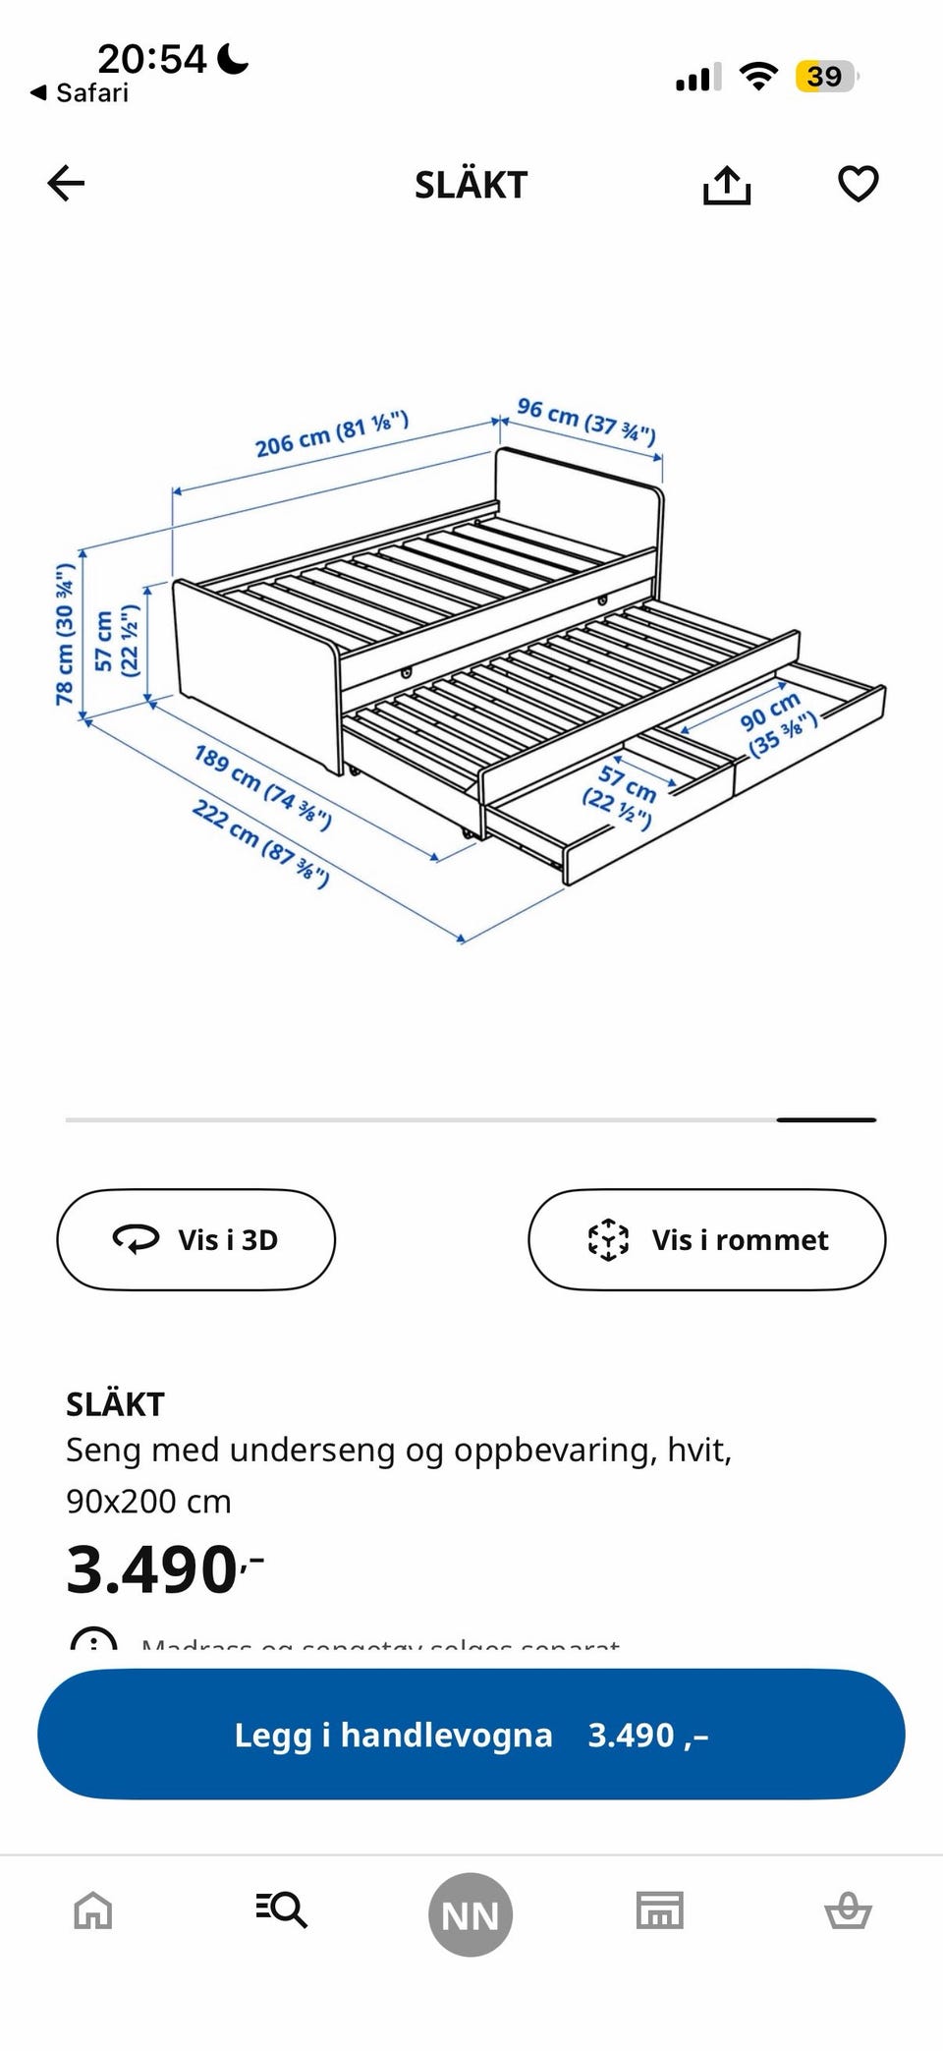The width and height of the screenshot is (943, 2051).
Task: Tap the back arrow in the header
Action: pos(67,184)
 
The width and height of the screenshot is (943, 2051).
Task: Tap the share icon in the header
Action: pos(727,185)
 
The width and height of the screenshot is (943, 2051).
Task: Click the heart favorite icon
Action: pos(858,184)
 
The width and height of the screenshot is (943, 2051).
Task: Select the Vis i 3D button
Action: pos(195,1239)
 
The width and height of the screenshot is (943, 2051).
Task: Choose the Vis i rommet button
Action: pos(706,1239)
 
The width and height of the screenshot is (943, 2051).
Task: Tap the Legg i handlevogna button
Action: pos(471,1735)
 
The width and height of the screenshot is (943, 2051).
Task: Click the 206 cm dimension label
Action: pos(331,434)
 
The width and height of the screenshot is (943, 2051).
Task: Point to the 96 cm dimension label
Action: pos(586,421)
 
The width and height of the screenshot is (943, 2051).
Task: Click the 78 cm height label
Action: pos(65,634)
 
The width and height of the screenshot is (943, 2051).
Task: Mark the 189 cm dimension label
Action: pos(262,787)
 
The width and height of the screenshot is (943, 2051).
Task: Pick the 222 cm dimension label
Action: pos(260,842)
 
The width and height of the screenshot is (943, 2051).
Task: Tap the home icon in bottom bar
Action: pos(93,1911)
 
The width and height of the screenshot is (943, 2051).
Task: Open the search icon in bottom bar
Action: pos(282,1909)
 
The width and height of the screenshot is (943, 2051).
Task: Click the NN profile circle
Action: pos(471,1914)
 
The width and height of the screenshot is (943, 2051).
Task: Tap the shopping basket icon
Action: pos(848,1911)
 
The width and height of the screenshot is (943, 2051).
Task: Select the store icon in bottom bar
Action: pos(659,1910)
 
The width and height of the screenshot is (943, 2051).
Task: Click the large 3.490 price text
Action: pos(152,1569)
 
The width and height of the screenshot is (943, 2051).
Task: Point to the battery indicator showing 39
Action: pos(826,77)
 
